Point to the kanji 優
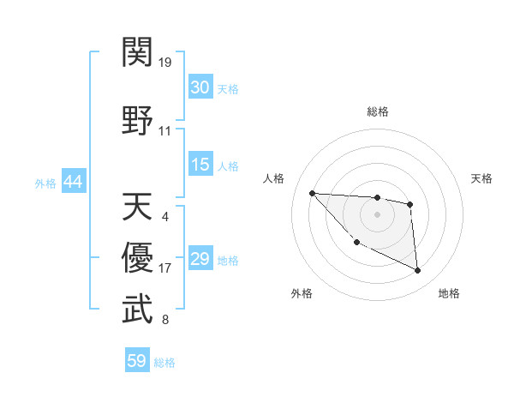pyautogui.click(x=138, y=257)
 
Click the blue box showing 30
pyautogui.click(x=200, y=87)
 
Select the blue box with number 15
pyautogui.click(x=200, y=165)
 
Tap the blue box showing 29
pyautogui.click(x=200, y=259)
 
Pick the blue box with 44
pyautogui.click(x=74, y=182)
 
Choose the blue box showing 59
pyautogui.click(x=137, y=361)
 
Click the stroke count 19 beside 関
pyautogui.click(x=164, y=63)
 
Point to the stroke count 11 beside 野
pyautogui.click(x=164, y=131)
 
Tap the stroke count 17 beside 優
pyautogui.click(x=164, y=268)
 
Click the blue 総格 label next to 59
pyautogui.click(x=165, y=363)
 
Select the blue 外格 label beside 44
pyautogui.click(x=45, y=183)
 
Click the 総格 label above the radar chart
pyautogui.click(x=377, y=111)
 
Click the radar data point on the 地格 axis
pyautogui.click(x=418, y=271)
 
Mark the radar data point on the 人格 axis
pyautogui.click(x=312, y=193)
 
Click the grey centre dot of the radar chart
pyautogui.click(x=377, y=214)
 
